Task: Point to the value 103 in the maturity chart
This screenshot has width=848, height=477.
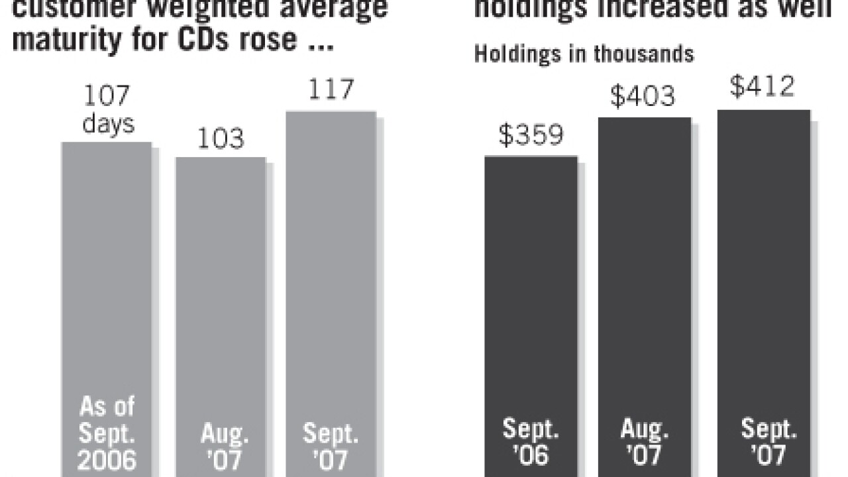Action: (221, 139)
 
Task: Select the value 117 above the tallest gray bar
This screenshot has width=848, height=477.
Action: (331, 89)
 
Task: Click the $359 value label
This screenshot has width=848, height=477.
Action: (531, 135)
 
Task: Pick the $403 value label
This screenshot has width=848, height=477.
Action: (643, 97)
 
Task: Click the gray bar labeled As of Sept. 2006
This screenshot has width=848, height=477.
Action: (107, 298)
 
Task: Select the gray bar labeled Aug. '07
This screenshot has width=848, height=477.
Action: (221, 311)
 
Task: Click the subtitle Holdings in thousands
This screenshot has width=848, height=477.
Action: (584, 54)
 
